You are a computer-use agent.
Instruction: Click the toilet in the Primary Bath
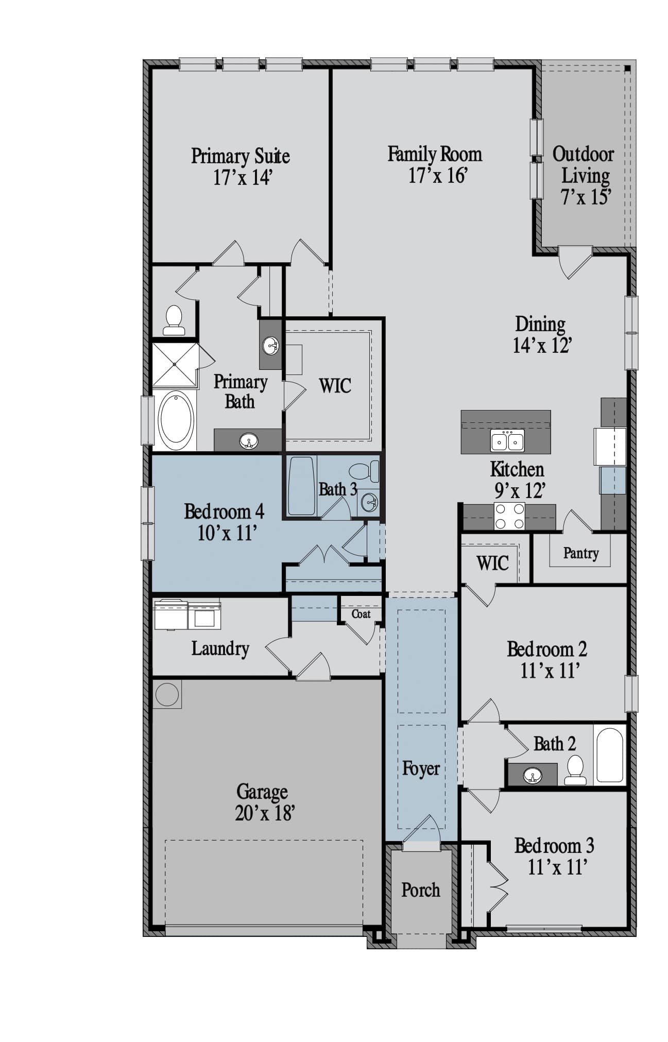pos(174,320)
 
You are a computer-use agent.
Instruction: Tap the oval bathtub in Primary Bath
pos(176,420)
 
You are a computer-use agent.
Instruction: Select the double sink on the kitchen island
pos(507,441)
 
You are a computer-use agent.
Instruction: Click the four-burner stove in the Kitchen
pos(509,517)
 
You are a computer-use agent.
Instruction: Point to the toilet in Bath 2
pos(575,770)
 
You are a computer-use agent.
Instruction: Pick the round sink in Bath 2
pos(533,775)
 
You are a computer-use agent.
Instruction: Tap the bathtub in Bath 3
pos(301,486)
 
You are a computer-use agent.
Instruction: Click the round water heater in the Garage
pos(167,694)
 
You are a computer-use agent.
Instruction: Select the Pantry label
pos(581,553)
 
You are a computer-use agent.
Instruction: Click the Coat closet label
pos(361,614)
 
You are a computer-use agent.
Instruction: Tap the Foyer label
pos(421,768)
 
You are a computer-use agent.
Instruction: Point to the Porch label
pos(421,890)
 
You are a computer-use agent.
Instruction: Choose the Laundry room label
pos(220,648)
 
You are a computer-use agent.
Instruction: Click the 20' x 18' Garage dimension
pos(265,813)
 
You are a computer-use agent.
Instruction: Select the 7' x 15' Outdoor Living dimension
pos(586,197)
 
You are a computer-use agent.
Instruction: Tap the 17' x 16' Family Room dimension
pos(438,176)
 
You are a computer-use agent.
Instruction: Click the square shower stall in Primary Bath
pos(175,365)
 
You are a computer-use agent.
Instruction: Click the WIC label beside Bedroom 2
pos(493,563)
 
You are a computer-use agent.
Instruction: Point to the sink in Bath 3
pos(369,502)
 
